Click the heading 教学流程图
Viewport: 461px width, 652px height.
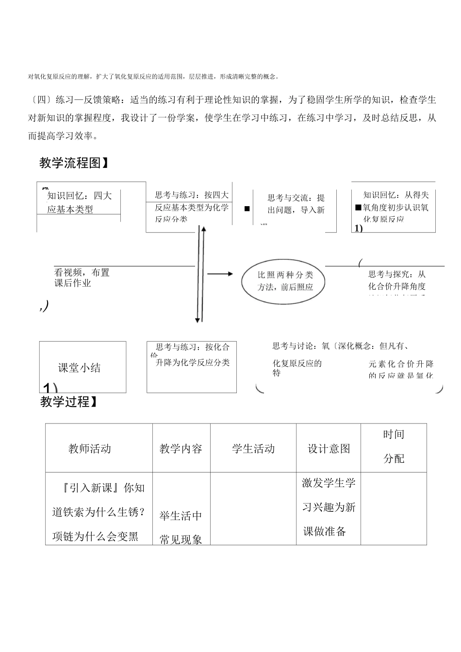tap(73, 163)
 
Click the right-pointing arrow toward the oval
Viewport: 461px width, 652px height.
tap(221, 274)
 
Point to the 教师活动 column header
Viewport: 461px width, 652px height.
tap(90, 449)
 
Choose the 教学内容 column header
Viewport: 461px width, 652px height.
tap(181, 449)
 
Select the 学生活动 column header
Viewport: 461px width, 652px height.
tap(253, 449)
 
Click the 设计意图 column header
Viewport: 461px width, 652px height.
tap(329, 449)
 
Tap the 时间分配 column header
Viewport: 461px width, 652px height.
tap(394, 446)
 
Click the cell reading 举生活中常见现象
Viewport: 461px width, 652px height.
tap(181, 527)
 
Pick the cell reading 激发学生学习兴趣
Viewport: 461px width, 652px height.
tap(329, 507)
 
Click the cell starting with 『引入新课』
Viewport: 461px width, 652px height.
tap(99, 512)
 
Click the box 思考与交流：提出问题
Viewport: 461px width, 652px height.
tap(296, 204)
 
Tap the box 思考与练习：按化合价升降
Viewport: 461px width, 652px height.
tap(192, 355)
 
